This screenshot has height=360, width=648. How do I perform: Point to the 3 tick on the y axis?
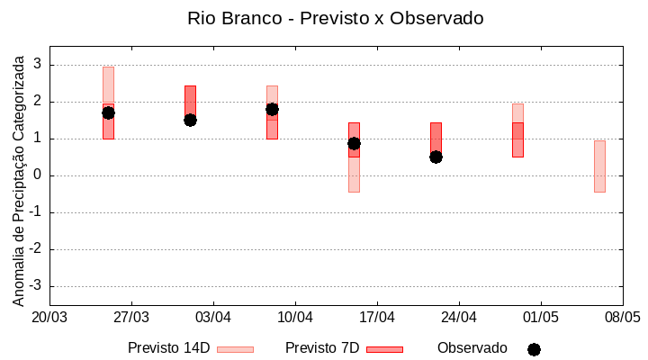click(x=38, y=65)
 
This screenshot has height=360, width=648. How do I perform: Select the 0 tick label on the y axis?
click(x=38, y=175)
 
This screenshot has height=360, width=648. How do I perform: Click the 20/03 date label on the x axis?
click(x=49, y=318)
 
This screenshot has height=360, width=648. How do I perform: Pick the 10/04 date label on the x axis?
click(x=295, y=318)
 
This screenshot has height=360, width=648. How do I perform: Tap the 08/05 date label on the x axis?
click(x=622, y=318)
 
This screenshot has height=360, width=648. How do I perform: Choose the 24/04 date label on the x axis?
click(x=459, y=318)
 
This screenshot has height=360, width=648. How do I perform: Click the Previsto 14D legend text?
click(x=168, y=348)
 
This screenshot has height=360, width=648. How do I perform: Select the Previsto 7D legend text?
click(x=322, y=348)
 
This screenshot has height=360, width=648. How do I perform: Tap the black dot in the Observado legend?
click(x=534, y=349)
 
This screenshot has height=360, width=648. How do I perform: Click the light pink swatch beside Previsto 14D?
click(x=236, y=349)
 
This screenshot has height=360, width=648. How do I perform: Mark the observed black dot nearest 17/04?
click(x=354, y=143)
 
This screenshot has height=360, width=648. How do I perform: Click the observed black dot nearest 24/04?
click(x=436, y=157)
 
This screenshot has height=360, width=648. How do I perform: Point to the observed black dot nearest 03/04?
click(x=190, y=120)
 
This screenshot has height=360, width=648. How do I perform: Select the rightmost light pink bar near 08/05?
click(x=599, y=166)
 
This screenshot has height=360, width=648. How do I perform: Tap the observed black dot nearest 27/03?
click(x=108, y=112)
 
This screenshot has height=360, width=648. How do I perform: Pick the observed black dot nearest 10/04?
click(x=272, y=109)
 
